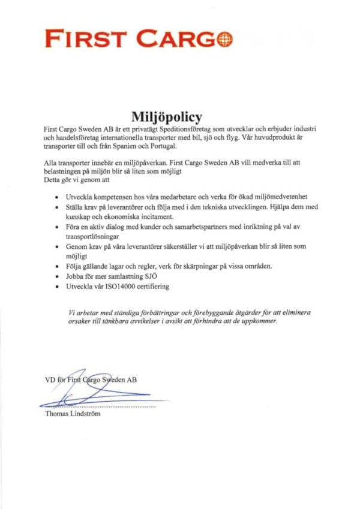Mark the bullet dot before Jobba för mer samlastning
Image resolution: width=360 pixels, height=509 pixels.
pyautogui.click(x=56, y=277)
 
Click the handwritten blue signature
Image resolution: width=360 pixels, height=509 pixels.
pyautogui.click(x=84, y=393)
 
